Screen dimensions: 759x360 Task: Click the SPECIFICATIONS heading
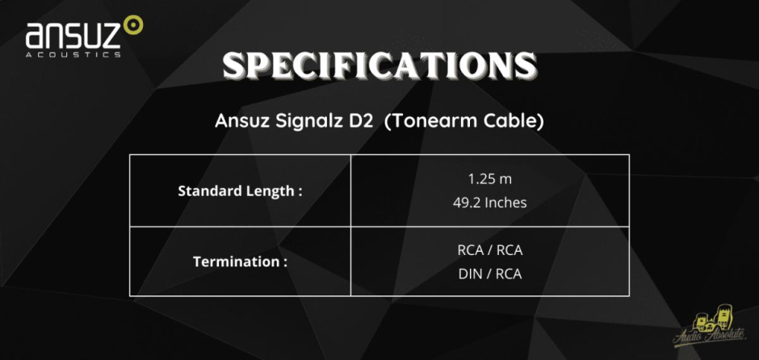379,67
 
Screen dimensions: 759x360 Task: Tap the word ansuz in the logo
73,36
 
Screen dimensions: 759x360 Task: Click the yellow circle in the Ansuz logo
133,25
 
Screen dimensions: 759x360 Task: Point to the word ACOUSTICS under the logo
73,55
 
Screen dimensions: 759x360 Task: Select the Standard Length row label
240,191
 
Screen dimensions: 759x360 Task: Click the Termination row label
240,262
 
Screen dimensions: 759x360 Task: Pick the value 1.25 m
490,179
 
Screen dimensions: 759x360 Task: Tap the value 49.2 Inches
490,203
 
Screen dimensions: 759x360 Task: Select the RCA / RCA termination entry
490,250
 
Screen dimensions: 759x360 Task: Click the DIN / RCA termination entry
490,274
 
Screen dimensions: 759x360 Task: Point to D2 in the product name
359,121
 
